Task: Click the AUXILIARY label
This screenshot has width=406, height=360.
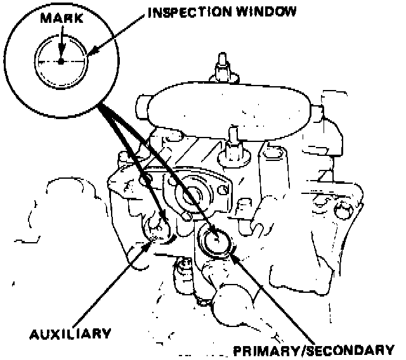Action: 70,333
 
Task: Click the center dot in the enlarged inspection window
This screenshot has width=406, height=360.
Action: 60,61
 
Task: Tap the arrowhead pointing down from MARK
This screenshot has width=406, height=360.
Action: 60,54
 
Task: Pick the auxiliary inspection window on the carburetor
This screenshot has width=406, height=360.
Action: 159,229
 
